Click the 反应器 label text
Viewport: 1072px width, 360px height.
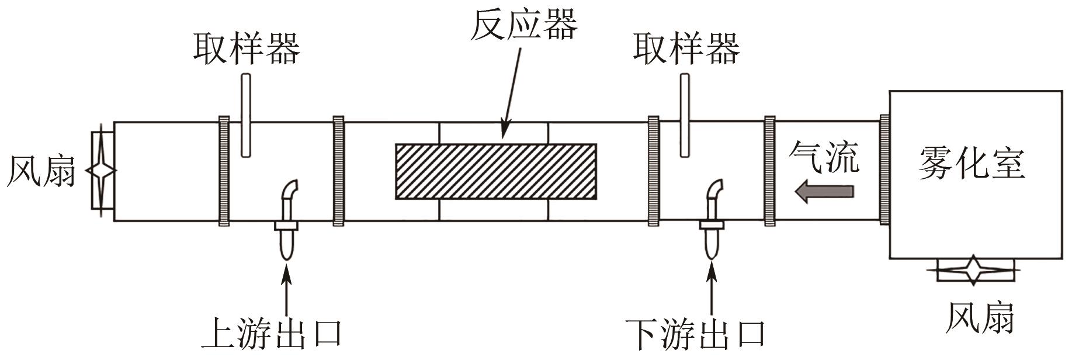coord(523,25)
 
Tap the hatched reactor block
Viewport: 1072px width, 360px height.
coord(496,171)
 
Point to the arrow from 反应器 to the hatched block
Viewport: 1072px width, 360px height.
coord(512,94)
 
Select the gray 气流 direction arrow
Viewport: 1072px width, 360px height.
coord(824,192)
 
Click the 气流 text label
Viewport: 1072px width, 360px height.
coord(824,158)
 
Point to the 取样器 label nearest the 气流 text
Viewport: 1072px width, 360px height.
coord(686,48)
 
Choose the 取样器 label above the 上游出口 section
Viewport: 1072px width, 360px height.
coord(247,48)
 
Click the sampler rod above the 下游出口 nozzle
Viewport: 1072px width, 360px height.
coord(684,115)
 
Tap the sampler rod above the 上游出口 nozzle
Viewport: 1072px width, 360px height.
coord(246,115)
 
